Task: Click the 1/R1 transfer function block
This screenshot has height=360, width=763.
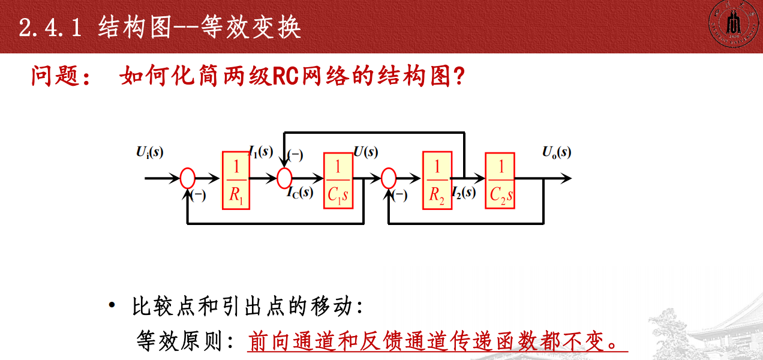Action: click(x=236, y=181)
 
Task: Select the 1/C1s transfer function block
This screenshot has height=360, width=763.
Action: click(x=338, y=181)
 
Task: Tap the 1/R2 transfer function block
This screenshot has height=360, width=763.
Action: click(x=437, y=181)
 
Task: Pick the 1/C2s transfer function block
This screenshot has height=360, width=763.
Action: click(x=500, y=181)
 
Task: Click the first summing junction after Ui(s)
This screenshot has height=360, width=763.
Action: click(x=188, y=178)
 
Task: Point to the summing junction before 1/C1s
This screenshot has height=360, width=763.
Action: click(x=284, y=178)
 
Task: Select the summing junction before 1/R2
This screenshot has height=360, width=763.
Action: click(x=389, y=178)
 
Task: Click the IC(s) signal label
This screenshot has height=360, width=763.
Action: click(x=299, y=193)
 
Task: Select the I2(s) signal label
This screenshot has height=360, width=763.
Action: click(x=464, y=193)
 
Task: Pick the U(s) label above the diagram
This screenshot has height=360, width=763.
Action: click(x=366, y=151)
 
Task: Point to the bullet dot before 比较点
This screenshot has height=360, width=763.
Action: click(x=112, y=307)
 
